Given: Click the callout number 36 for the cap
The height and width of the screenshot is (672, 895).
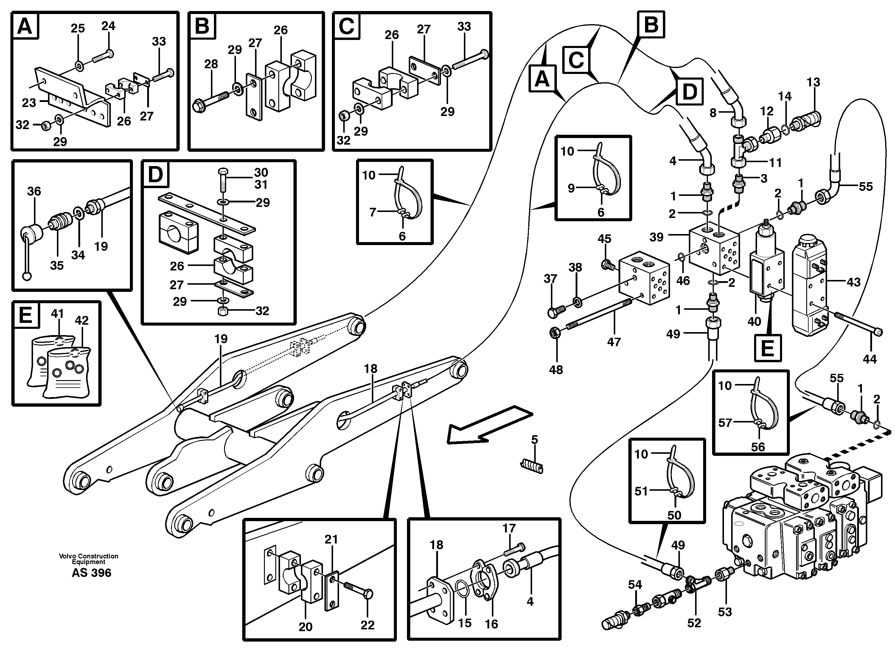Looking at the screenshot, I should click(34, 191).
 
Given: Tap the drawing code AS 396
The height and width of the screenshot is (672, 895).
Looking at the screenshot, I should click(91, 572).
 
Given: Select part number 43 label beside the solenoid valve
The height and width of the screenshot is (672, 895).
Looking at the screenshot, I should click(853, 282).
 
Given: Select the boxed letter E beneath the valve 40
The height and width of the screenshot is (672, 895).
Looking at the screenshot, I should click(767, 348).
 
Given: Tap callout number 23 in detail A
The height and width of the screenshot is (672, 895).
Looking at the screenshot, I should click(29, 103).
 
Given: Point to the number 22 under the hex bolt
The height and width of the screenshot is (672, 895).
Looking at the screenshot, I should click(367, 625).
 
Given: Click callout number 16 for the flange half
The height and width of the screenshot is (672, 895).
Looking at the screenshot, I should click(491, 624).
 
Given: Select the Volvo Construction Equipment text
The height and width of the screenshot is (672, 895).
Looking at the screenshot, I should click(88, 559).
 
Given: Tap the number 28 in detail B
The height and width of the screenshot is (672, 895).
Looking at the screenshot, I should click(211, 64).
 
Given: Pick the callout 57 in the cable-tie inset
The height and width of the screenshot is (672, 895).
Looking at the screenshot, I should click(725, 423).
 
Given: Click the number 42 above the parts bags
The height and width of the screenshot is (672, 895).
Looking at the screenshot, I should click(81, 320).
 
